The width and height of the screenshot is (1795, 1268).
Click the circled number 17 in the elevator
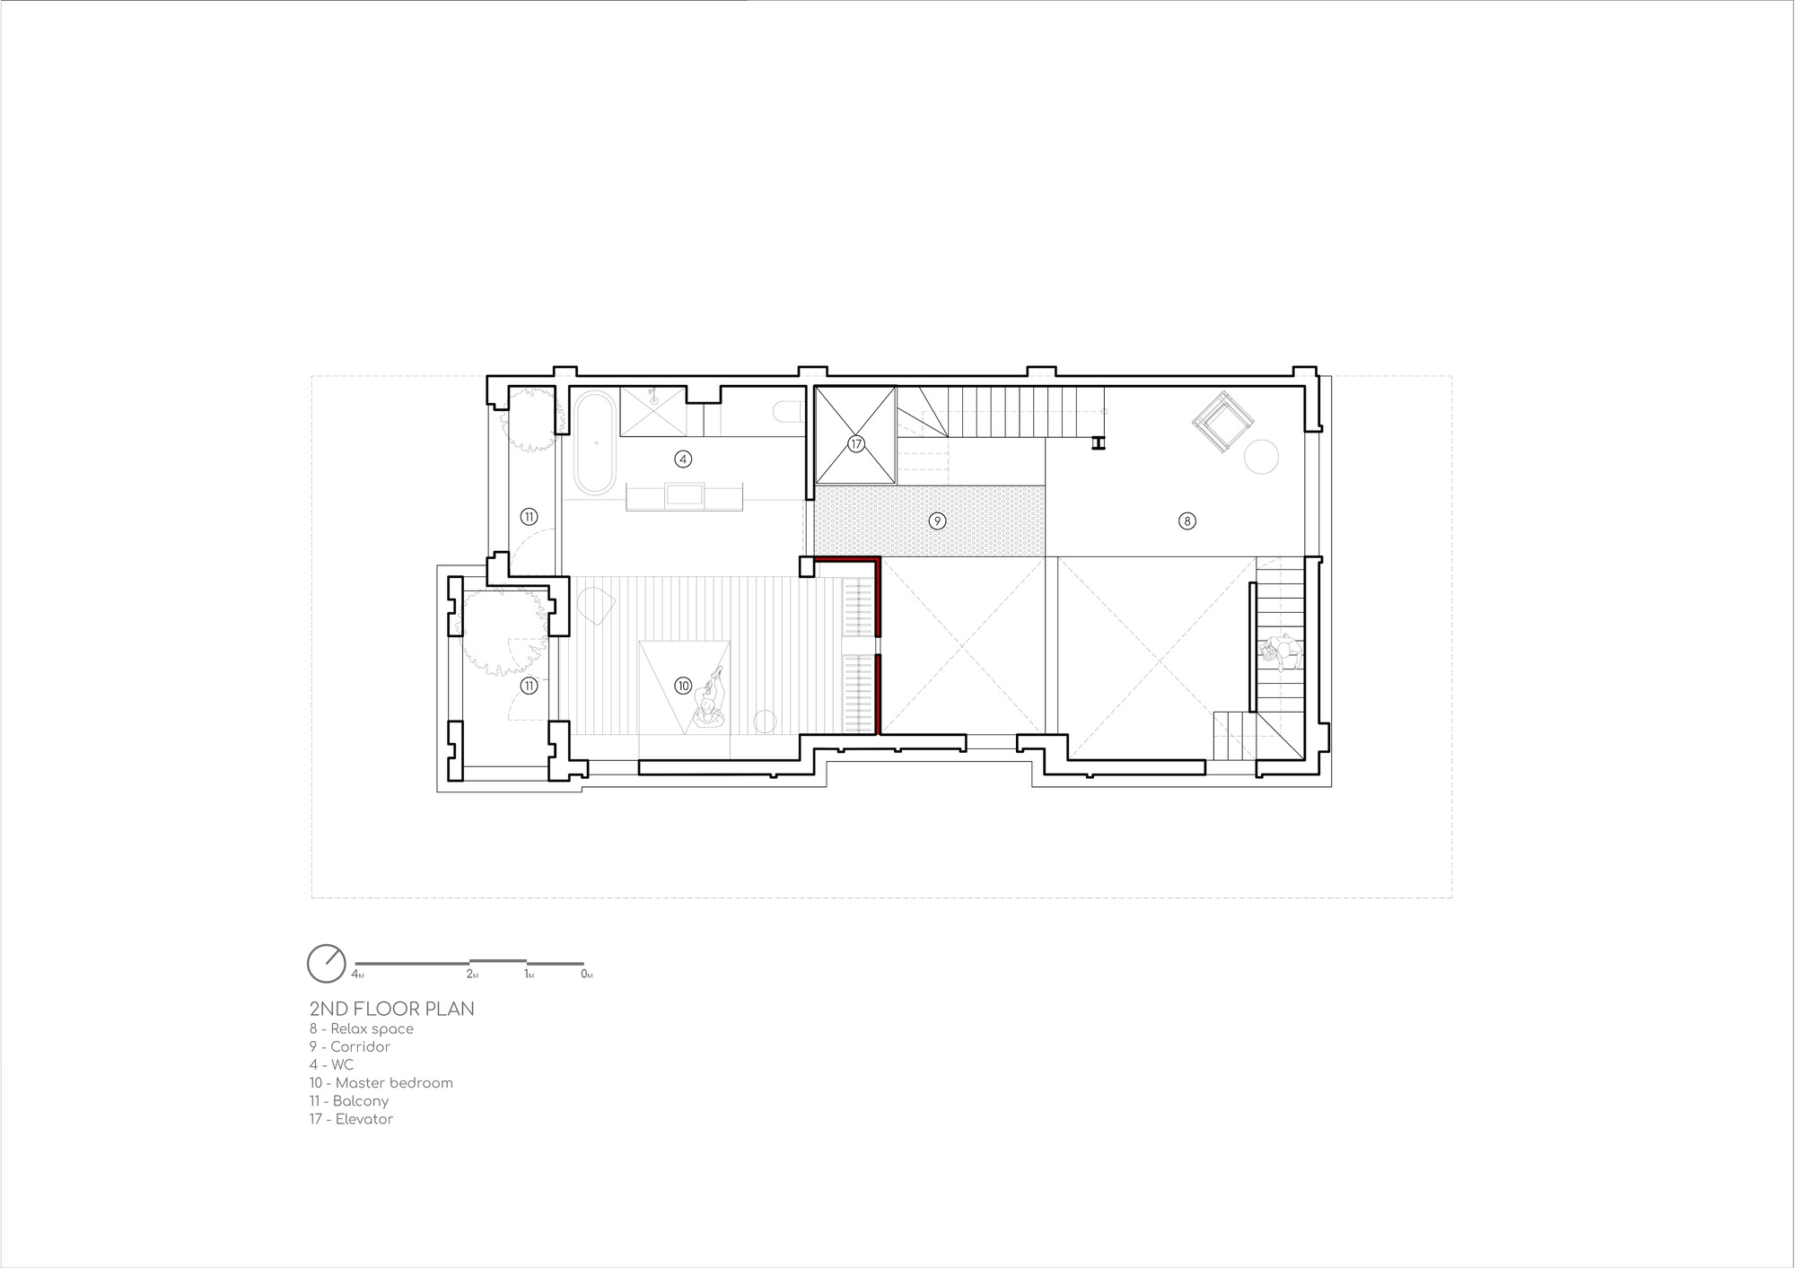pyautogui.click(x=855, y=444)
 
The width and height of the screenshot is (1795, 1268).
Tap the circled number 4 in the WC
pyautogui.click(x=683, y=459)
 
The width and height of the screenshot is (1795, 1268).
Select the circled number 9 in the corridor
pyautogui.click(x=937, y=520)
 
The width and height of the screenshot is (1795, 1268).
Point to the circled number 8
pyautogui.click(x=1186, y=520)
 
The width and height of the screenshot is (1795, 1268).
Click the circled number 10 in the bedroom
pyautogui.click(x=683, y=686)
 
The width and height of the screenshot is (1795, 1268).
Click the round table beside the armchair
pyautogui.click(x=1261, y=456)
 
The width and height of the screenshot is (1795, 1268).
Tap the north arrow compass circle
pyautogui.click(x=326, y=964)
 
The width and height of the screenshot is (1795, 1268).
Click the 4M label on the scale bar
pyautogui.click(x=358, y=975)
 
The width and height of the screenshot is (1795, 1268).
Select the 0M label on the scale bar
pyautogui.click(x=587, y=975)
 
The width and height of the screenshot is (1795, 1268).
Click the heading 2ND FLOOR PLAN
pyautogui.click(x=391, y=1009)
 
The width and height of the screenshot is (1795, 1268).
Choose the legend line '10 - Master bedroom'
pyautogui.click(x=381, y=1083)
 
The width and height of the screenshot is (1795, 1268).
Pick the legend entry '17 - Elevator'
pyautogui.click(x=352, y=1119)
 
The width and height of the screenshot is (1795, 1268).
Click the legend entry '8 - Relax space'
pyautogui.click(x=362, y=1029)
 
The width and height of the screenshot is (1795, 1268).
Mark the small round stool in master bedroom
pyautogui.click(x=765, y=721)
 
